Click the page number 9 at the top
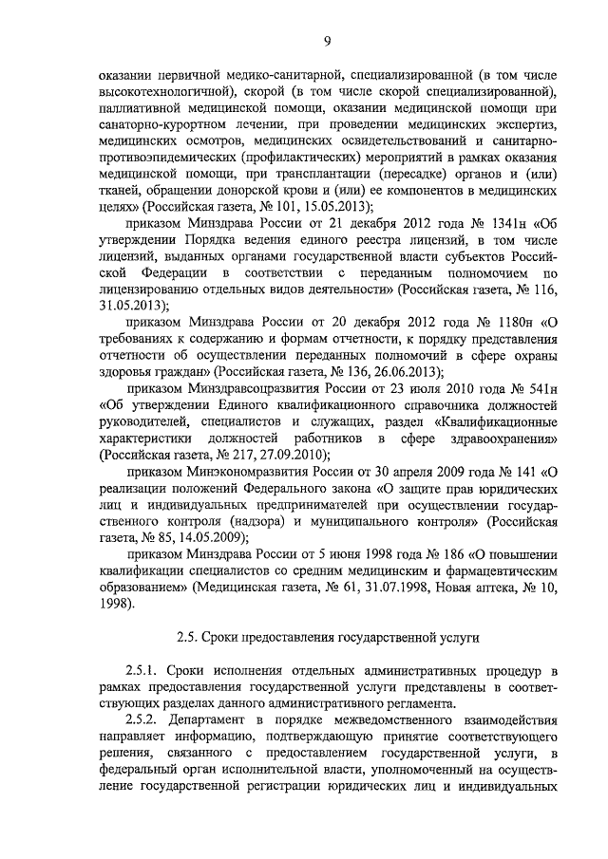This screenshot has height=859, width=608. coord(326,39)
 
